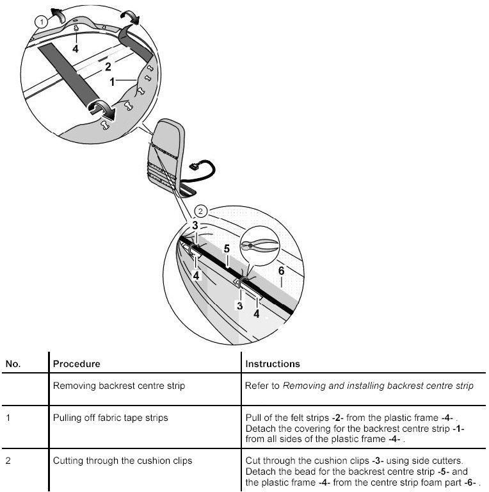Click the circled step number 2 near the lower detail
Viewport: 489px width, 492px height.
point(200,211)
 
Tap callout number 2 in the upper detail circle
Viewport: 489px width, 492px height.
point(108,67)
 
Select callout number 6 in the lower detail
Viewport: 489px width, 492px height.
point(281,271)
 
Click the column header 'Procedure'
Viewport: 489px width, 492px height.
point(77,364)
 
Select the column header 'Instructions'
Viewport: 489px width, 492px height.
point(273,364)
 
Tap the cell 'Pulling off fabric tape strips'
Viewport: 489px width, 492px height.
point(110,418)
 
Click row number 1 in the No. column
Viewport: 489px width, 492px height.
point(8,418)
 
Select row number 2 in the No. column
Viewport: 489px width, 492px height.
point(8,461)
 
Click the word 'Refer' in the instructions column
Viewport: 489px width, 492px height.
point(256,386)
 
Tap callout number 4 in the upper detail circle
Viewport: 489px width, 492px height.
point(76,48)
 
